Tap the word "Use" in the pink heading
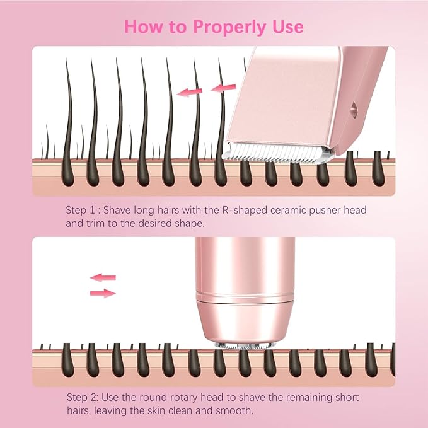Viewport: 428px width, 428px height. coord(287,26)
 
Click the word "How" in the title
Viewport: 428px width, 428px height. coord(144,26)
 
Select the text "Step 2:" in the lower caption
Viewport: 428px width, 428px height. coord(83,398)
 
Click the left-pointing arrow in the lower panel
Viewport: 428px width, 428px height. coord(103,277)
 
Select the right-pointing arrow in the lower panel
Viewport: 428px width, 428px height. coord(103,292)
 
